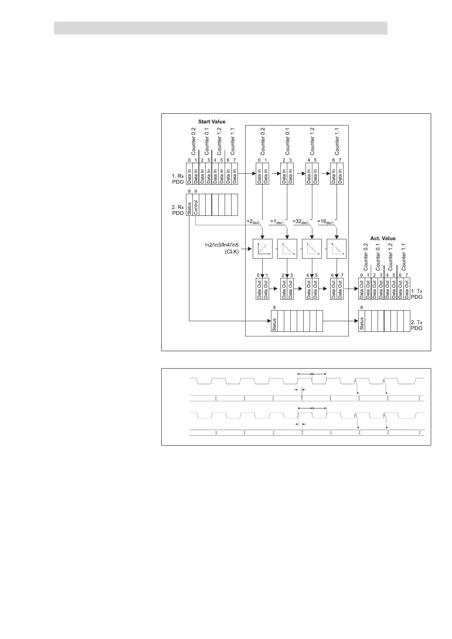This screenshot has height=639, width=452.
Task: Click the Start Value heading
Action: click(211, 122)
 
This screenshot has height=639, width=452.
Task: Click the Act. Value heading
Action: click(383, 239)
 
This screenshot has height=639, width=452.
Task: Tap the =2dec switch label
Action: click(253, 221)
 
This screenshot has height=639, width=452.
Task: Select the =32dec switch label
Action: click(301, 221)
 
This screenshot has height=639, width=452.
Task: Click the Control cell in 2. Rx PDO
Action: click(196, 205)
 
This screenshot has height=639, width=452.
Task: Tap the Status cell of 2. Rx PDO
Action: click(189, 205)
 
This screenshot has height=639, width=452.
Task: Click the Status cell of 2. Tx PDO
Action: click(362, 321)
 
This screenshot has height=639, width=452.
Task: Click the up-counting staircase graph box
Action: click(263, 249)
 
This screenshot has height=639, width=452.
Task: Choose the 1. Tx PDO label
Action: click(416, 294)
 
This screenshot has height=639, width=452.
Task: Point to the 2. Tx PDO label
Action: click(416, 325)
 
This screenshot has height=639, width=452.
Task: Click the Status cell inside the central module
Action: click(274, 321)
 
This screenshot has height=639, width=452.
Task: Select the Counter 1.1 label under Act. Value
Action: click(404, 256)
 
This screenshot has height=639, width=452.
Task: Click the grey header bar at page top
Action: click(220, 28)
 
